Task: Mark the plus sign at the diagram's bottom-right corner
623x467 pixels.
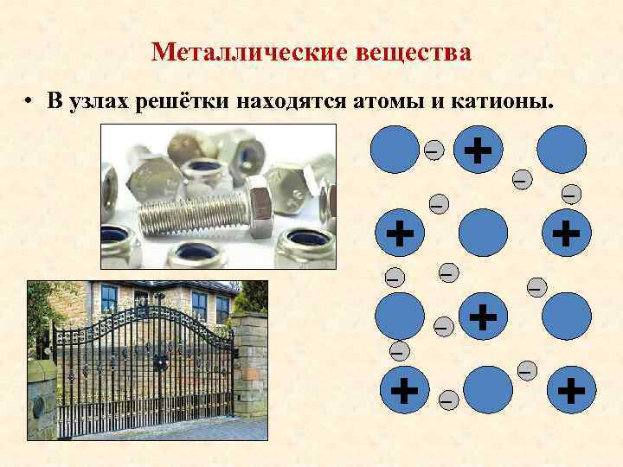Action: coord(570,390)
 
